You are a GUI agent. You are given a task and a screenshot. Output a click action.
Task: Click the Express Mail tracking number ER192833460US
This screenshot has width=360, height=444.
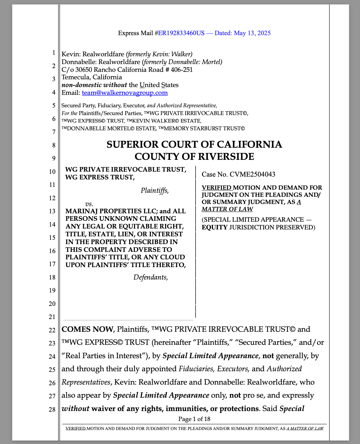point(181,33)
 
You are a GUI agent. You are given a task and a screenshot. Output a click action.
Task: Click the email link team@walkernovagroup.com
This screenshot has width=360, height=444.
point(125,93)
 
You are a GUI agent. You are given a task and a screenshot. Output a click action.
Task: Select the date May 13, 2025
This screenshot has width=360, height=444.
point(252,33)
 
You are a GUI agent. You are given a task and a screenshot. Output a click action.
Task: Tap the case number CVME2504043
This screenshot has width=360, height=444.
point(252,174)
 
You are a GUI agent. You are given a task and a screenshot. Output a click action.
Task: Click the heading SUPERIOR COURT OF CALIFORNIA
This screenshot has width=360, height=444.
point(194,145)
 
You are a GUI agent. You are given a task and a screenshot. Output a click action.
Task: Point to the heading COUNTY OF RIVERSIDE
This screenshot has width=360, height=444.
point(194,156)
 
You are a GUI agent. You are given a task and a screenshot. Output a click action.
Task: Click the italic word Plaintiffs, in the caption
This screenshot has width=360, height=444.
point(155,190)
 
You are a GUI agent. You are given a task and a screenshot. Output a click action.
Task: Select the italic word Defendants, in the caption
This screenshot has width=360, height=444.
point(151,277)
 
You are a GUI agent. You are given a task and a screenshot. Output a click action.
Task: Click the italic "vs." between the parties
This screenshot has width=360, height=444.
point(89,204)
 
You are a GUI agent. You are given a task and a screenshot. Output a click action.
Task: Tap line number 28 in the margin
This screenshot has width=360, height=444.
point(52,409)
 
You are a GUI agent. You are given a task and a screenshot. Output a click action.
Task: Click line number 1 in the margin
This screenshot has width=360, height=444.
point(53,53)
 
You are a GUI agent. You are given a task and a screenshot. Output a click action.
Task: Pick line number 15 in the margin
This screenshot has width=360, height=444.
point(52,238)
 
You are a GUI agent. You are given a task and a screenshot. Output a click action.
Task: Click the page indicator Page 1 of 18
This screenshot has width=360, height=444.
point(194,419)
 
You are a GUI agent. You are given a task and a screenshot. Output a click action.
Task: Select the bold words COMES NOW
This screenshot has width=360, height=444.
point(87,329)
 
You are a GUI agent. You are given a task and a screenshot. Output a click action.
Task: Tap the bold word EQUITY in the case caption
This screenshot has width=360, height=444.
point(215,227)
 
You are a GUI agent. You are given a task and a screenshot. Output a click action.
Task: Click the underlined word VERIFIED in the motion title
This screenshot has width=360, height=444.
point(217,187)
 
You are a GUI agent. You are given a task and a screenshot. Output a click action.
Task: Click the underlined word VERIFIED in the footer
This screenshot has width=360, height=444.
point(76,428)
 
